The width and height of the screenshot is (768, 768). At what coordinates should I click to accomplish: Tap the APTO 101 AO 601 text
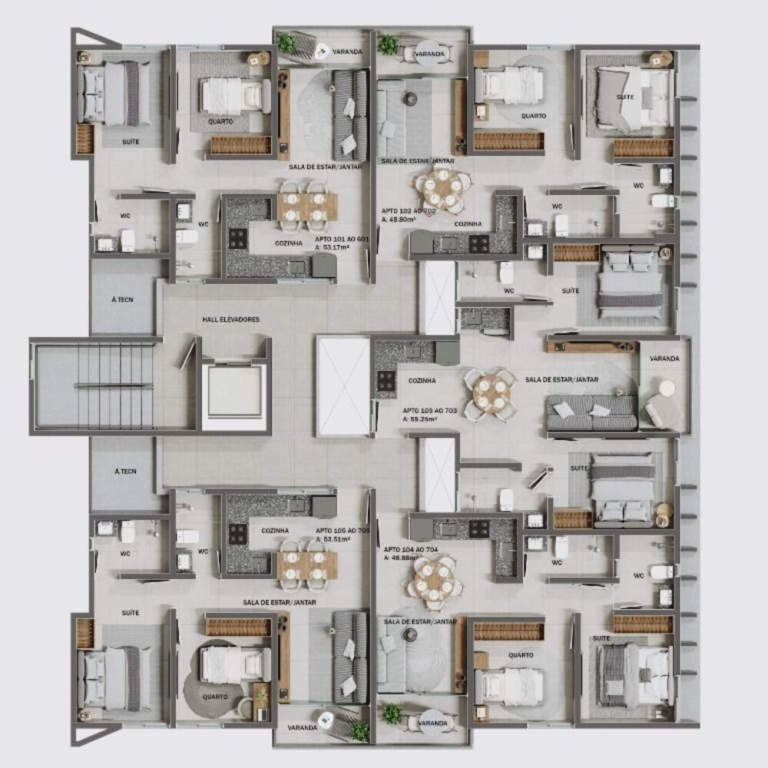coord(342,239)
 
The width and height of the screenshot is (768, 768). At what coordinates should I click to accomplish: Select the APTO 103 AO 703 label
coord(430,411)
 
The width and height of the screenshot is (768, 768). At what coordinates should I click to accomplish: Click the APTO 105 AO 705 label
coord(343,530)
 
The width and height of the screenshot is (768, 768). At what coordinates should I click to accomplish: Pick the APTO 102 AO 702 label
coord(409,210)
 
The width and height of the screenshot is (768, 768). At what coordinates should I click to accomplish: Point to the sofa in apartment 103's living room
coord(591,412)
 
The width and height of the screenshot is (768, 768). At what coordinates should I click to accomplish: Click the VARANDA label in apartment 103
coord(664,359)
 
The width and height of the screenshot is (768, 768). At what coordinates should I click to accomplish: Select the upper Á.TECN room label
coord(124,300)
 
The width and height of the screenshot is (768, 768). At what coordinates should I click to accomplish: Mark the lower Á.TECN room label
coord(124,472)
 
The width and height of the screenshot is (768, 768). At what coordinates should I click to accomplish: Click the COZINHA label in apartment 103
coord(422,380)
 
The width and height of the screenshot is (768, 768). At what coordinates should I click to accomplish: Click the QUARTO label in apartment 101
coord(220,122)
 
